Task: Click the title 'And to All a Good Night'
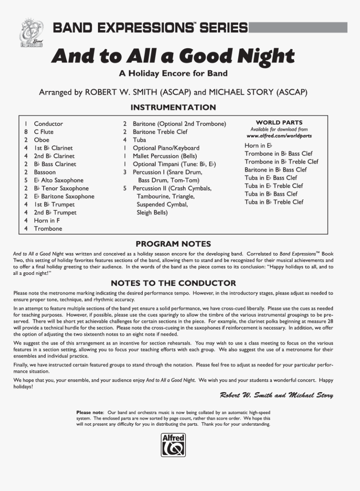(x=173, y=56)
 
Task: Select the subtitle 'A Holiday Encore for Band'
(x=173, y=74)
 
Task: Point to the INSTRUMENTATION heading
(x=173, y=108)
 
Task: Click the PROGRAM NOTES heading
(x=173, y=244)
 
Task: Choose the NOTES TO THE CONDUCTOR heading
(x=173, y=283)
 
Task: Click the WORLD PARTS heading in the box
(x=279, y=123)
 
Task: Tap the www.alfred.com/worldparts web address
(x=279, y=136)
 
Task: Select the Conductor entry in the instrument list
(x=48, y=124)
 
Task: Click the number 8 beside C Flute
(x=26, y=132)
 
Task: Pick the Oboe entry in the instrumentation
(x=41, y=140)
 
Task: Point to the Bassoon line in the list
(x=45, y=172)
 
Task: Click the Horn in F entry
(x=47, y=220)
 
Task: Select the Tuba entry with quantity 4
(x=139, y=140)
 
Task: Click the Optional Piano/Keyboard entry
(x=166, y=148)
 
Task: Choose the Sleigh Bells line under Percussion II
(x=152, y=212)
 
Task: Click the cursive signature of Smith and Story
(x=276, y=395)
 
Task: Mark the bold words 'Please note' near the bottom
(x=90, y=412)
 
